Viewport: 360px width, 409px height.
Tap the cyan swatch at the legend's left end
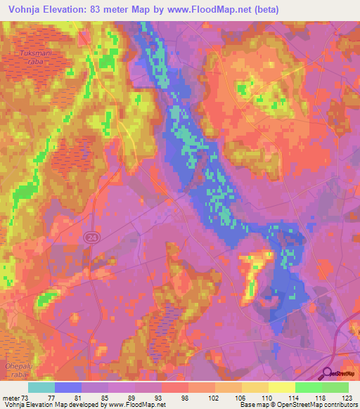(x=41, y=387)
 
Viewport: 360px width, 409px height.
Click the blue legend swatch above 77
(x=68, y=387)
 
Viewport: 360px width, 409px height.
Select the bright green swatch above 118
(x=309, y=387)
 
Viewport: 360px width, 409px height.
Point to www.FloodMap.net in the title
(x=216, y=10)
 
